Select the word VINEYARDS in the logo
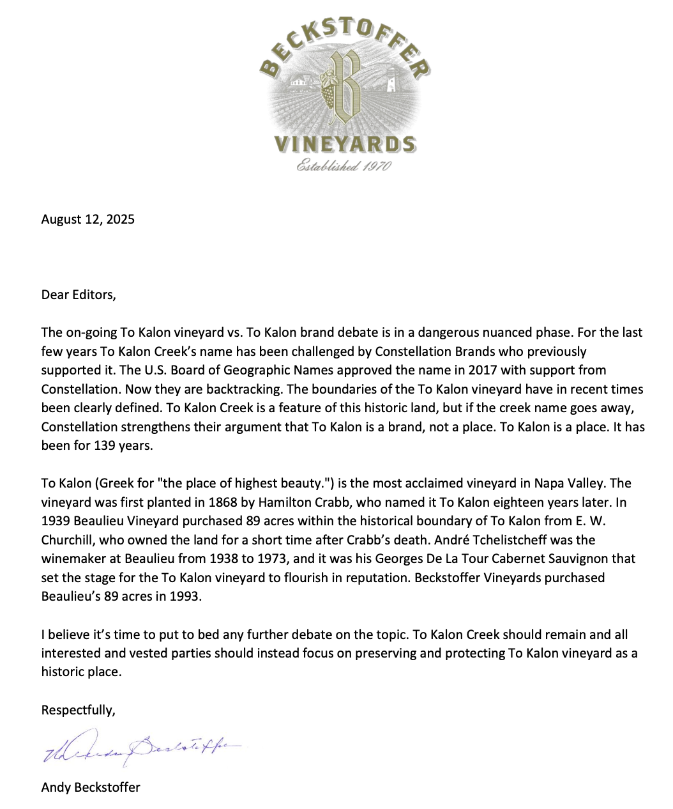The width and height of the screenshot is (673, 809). click(345, 144)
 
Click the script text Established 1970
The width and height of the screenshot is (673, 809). click(344, 166)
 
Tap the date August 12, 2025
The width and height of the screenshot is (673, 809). click(88, 219)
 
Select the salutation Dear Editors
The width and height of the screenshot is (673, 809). click(79, 295)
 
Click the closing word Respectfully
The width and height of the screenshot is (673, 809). click(78, 710)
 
